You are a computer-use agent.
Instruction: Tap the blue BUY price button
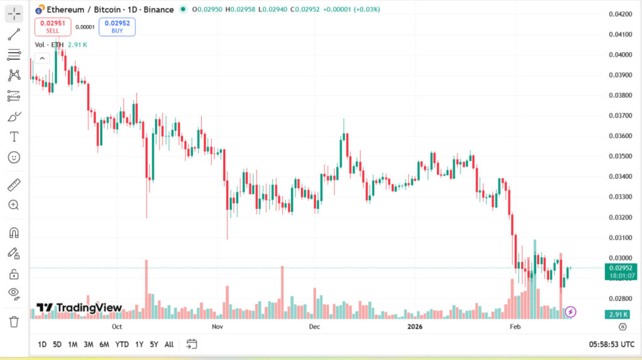pyautogui.click(x=117, y=26)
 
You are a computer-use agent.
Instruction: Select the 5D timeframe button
pyautogui.click(x=57, y=344)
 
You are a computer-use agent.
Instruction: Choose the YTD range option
pyautogui.click(x=122, y=344)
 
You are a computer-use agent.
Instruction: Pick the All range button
pyautogui.click(x=169, y=344)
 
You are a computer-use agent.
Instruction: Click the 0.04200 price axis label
pyautogui.click(x=621, y=14)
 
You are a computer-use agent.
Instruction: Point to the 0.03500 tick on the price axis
pyautogui.click(x=621, y=156)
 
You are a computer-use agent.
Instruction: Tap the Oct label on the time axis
pyautogui.click(x=117, y=327)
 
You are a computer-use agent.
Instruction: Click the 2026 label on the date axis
pyautogui.click(x=415, y=327)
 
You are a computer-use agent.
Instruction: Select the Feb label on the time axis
pyautogui.click(x=515, y=327)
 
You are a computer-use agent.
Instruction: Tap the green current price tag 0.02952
pyautogui.click(x=621, y=268)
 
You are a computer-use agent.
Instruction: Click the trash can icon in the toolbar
pyautogui.click(x=14, y=322)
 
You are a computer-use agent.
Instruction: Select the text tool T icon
pyautogui.click(x=14, y=137)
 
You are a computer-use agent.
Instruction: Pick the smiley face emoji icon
pyautogui.click(x=14, y=157)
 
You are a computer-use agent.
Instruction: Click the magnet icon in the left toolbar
pyautogui.click(x=14, y=233)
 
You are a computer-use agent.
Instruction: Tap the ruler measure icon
pyautogui.click(x=14, y=185)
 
